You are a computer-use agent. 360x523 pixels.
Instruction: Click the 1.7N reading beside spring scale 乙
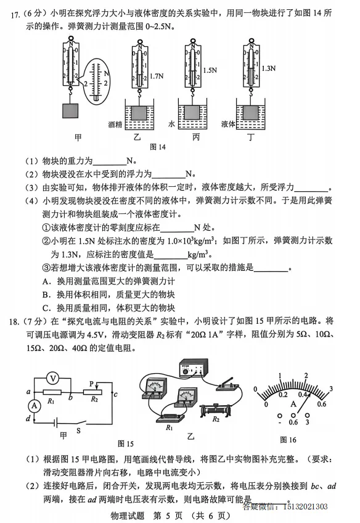(x=157, y=76)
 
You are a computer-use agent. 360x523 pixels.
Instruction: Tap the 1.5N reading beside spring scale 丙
(x=210, y=70)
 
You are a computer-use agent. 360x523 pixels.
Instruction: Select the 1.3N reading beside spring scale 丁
(x=269, y=68)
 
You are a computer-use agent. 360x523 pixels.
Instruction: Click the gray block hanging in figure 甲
(x=70, y=111)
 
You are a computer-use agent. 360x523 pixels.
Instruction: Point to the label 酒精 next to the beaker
(x=115, y=125)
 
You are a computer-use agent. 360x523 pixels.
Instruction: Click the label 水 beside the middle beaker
(x=171, y=124)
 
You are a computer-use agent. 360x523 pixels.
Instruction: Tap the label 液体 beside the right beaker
(x=228, y=124)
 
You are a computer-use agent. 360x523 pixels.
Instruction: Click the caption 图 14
(x=158, y=147)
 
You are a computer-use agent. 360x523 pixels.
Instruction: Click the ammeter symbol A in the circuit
(x=35, y=406)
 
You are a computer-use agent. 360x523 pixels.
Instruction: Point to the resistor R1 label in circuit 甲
(x=51, y=401)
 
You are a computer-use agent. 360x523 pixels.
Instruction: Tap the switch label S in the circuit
(x=79, y=430)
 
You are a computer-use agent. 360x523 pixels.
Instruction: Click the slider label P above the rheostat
(x=92, y=384)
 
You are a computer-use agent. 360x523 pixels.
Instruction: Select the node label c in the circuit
(x=116, y=395)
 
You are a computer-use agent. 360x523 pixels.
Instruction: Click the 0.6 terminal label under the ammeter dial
(x=293, y=422)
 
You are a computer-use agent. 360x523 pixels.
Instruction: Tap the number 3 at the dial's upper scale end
(x=331, y=389)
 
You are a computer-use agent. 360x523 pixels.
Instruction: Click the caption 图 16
(x=288, y=440)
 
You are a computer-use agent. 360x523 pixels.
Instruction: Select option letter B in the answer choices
(x=46, y=295)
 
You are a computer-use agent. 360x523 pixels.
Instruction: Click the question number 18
(x=14, y=322)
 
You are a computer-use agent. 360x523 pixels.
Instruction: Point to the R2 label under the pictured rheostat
(x=216, y=419)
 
